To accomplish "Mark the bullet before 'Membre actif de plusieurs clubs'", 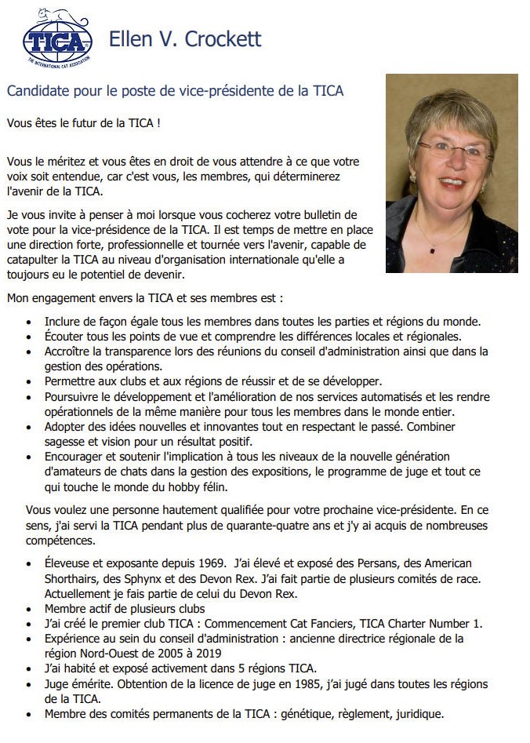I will (x=29, y=610).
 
